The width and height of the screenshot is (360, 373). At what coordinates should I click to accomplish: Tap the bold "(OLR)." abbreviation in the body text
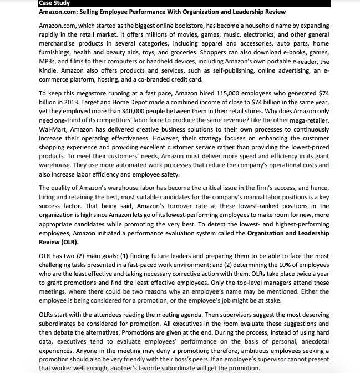pyautogui.click(x=66, y=242)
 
